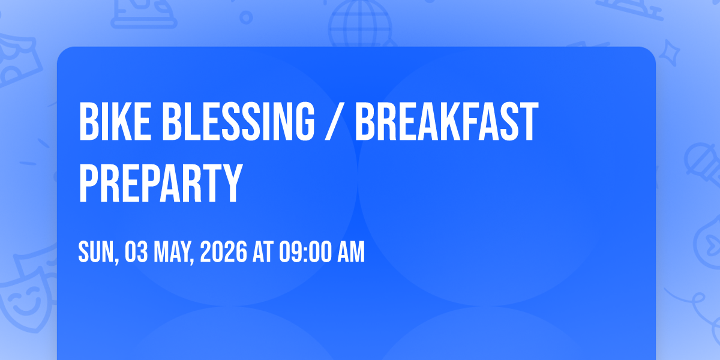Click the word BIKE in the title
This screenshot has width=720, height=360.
(115, 121)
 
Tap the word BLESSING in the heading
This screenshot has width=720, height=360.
(238, 121)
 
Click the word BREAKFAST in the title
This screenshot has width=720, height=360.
(447, 121)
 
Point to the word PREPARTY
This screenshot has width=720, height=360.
(160, 182)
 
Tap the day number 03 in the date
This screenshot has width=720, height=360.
(136, 251)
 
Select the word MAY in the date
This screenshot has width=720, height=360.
(173, 253)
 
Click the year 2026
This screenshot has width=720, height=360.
(223, 251)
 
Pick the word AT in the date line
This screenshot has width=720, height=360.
(263, 251)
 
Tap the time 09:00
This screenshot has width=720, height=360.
(305, 251)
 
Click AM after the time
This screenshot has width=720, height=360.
(351, 251)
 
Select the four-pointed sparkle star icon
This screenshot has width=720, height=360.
(670, 53)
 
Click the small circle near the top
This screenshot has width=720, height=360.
(246, 17)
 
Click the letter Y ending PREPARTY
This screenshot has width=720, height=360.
(230, 182)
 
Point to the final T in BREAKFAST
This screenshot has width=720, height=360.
(529, 121)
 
